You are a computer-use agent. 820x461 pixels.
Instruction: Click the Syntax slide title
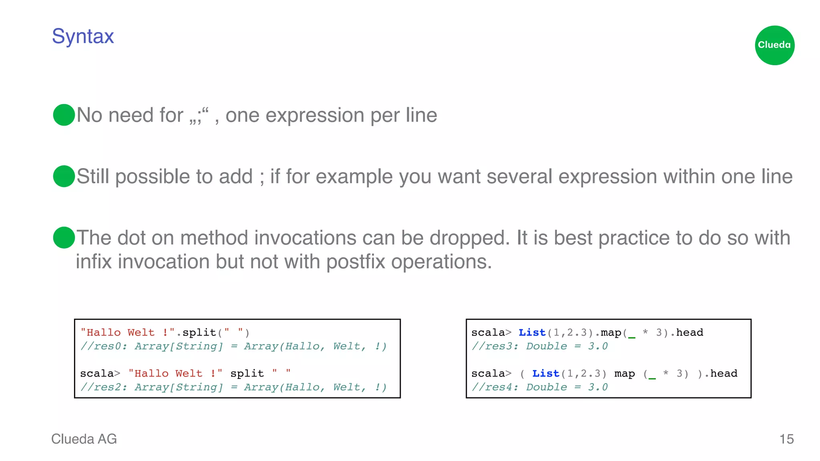pyautogui.click(x=83, y=36)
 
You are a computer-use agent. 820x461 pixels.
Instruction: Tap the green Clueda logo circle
pyautogui.click(x=774, y=45)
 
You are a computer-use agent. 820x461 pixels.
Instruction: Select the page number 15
pyautogui.click(x=786, y=439)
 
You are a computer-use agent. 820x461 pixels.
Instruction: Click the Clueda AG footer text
pyautogui.click(x=84, y=439)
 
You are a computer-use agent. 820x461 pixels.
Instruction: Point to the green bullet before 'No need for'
pyautogui.click(x=64, y=115)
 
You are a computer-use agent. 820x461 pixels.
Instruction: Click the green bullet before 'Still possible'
pyautogui.click(x=64, y=176)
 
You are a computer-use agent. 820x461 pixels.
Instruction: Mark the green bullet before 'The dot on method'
pyautogui.click(x=64, y=237)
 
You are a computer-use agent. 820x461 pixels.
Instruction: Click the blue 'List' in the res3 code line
pyautogui.click(x=532, y=333)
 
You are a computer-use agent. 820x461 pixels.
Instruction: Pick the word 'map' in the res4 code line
pyautogui.click(x=625, y=374)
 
